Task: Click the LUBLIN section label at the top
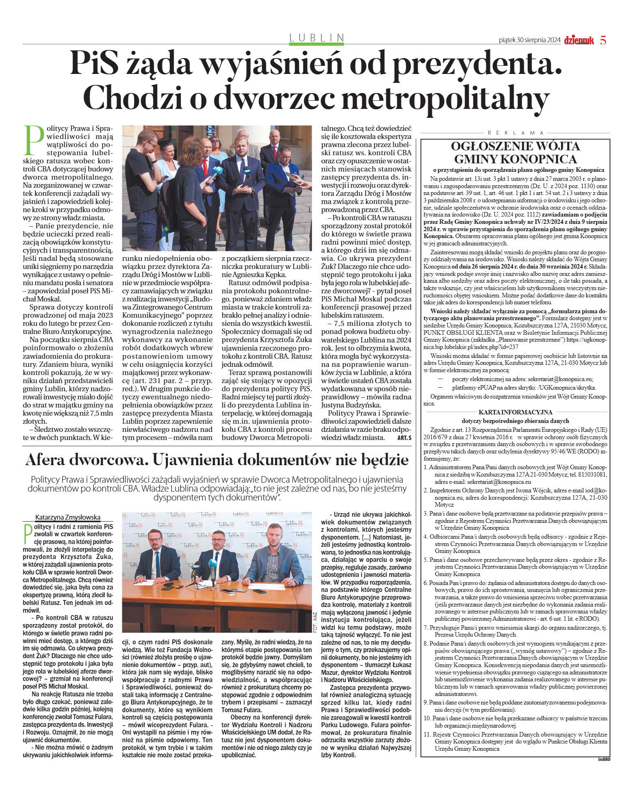coord(316,38)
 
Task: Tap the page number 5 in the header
coord(603,40)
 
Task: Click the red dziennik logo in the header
coord(579,40)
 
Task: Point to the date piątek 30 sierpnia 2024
coord(529,40)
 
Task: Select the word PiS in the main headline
coord(95,63)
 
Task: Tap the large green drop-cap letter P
coord(34,140)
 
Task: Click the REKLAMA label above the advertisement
coord(516,133)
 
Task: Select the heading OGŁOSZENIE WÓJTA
coord(516,146)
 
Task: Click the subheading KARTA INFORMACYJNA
coord(515,412)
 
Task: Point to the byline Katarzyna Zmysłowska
coord(68,517)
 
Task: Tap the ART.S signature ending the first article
coord(404,438)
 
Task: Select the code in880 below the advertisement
coord(604,759)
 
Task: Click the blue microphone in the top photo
coord(215,172)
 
